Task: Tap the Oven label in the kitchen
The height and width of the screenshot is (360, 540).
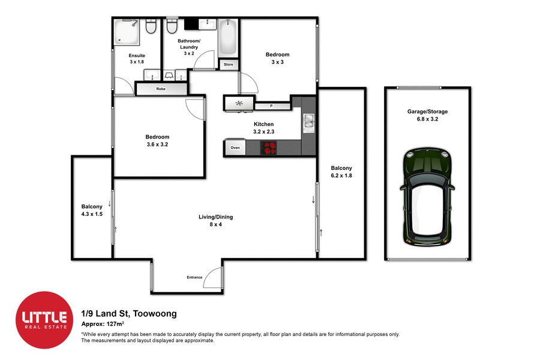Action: tap(235, 148)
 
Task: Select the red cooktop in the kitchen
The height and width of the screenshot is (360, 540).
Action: tap(269, 148)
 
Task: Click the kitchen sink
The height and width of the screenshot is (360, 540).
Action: tap(308, 122)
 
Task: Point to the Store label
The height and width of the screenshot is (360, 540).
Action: tap(229, 64)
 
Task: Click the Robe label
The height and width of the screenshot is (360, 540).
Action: tap(161, 89)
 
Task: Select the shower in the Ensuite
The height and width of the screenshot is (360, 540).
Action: tap(127, 31)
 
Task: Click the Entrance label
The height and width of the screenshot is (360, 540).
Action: tap(194, 277)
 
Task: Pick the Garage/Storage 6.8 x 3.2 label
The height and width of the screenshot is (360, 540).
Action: tap(427, 115)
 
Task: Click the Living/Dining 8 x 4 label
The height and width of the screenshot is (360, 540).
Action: tap(216, 221)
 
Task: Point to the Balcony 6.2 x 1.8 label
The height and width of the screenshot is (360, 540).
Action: tap(341, 172)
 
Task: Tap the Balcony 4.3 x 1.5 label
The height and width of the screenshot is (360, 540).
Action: tap(92, 210)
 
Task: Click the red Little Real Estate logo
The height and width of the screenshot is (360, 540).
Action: tap(44, 320)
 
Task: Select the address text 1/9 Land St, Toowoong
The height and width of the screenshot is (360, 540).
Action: tap(128, 313)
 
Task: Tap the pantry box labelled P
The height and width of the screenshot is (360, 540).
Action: tap(272, 106)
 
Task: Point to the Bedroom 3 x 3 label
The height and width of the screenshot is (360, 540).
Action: tap(277, 58)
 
